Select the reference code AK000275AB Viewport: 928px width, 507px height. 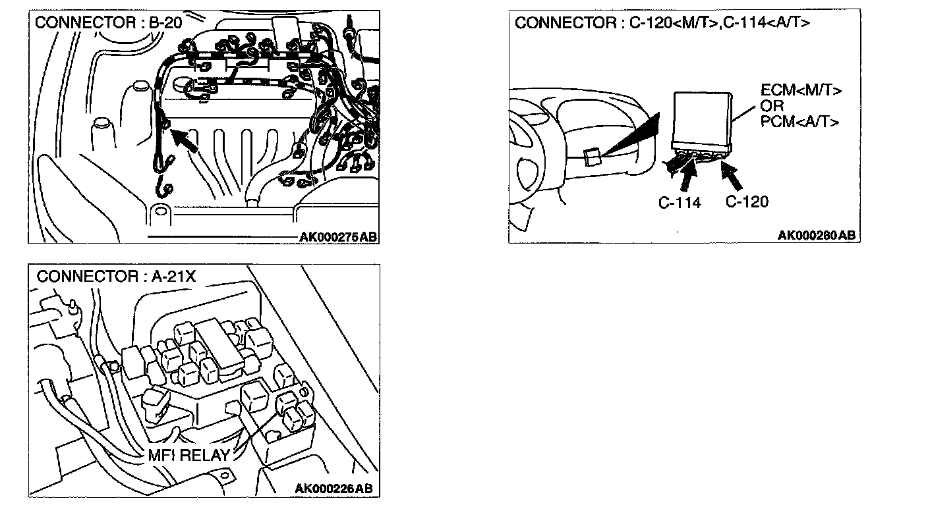point(337,237)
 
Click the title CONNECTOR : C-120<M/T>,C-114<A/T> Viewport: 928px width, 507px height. point(662,24)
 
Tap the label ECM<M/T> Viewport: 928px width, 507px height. point(801,92)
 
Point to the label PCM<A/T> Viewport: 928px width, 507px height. point(799,122)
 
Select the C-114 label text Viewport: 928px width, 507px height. point(680,203)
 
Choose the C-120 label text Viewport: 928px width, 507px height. point(747,201)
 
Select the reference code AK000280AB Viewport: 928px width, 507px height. point(817,236)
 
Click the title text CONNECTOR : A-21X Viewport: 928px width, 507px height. point(116,277)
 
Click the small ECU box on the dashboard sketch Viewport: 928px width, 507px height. point(591,156)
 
